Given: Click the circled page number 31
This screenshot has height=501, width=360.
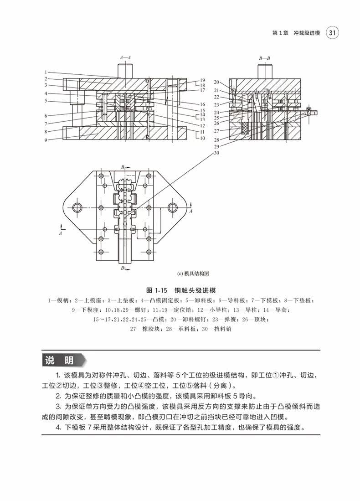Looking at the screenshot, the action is pos(333,33).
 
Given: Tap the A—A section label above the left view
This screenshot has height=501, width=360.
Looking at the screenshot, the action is pos(125,58).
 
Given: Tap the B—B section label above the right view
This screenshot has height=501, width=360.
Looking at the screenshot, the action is pos(265,58).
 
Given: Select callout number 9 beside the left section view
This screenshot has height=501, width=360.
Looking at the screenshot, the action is pos(46,140).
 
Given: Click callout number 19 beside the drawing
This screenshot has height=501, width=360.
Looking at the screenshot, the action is pos(202,80).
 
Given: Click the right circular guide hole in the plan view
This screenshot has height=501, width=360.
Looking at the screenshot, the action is pos(173,208).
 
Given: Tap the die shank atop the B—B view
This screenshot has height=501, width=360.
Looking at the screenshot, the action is pos(265,70).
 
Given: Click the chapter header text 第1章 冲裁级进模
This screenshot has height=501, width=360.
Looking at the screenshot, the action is pos(296,33).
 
